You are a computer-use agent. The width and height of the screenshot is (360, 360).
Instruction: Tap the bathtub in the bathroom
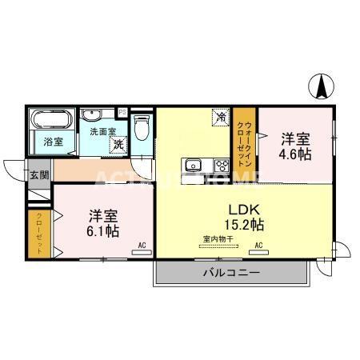click(x=54, y=123)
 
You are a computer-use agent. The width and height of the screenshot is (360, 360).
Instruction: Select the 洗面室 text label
click(x=102, y=131)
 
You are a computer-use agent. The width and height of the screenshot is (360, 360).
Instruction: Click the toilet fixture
click(x=142, y=128)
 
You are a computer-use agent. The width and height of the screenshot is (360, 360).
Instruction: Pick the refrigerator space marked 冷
click(x=220, y=117)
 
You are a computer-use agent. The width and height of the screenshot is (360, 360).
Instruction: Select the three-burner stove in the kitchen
click(x=221, y=166)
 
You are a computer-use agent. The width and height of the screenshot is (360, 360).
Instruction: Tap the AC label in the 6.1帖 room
click(x=141, y=245)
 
